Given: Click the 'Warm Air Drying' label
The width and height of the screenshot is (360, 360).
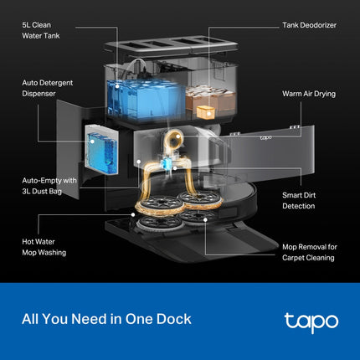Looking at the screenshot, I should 308,94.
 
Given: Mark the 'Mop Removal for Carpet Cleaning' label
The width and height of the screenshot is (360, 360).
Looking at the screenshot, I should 308,252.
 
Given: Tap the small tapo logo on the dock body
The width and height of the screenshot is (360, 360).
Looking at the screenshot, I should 265,137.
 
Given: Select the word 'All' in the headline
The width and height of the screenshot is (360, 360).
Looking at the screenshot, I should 32,319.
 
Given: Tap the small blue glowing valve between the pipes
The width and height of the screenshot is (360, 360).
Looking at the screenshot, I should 173,164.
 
